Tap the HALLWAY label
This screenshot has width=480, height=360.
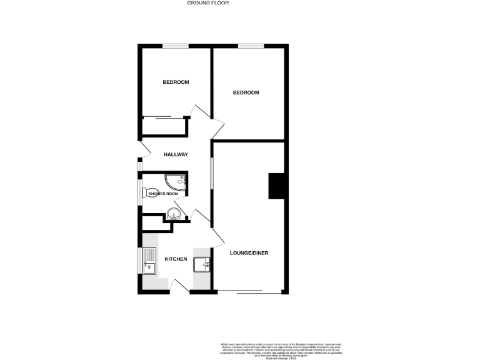pyautogui.click(x=176, y=154)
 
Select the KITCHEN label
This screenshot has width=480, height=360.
pyautogui.click(x=176, y=259)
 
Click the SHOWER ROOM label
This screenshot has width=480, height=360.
pyautogui.click(x=163, y=194)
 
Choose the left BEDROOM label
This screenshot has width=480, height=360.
pyautogui.click(x=176, y=82)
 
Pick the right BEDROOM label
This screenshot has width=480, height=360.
pyautogui.click(x=246, y=92)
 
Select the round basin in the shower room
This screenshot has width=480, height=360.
pyautogui.click(x=174, y=214)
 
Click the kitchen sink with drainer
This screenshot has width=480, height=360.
pyautogui.click(x=149, y=261)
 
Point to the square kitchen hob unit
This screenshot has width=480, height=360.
pyautogui.click(x=202, y=265)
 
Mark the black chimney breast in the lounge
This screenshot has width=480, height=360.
pyautogui.click(x=276, y=186)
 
